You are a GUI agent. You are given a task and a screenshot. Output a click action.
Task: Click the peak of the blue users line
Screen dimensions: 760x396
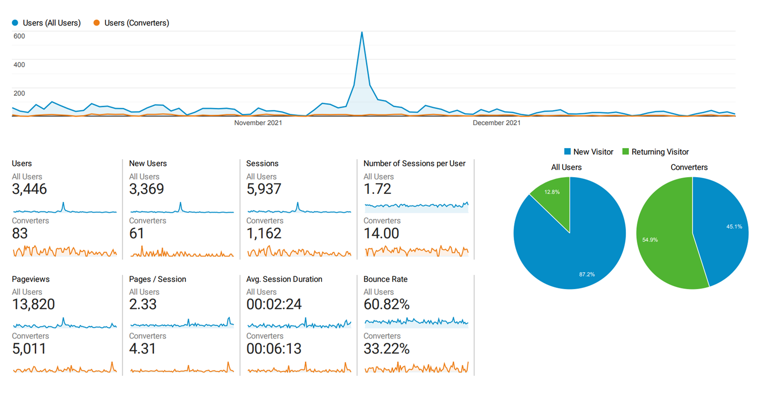coord(362,32)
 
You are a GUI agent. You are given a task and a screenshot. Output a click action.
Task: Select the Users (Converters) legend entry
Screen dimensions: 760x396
coord(131,23)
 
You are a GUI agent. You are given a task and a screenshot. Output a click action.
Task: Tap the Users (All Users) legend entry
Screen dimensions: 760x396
coord(47,23)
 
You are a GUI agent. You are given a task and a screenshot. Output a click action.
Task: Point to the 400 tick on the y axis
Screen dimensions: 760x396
coord(19,64)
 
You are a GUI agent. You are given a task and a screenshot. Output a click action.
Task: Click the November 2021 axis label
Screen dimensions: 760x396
coord(258,123)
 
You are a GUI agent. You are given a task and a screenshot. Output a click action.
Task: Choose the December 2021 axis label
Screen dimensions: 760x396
coord(496,123)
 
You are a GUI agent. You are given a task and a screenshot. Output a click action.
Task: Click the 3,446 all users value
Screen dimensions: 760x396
coord(29,189)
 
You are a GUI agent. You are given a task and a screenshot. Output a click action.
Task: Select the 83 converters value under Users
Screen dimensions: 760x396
coord(20,233)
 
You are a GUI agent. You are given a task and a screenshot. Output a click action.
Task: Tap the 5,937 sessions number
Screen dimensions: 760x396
coord(264,189)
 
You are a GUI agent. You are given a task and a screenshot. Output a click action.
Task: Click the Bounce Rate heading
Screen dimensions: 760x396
coord(385,279)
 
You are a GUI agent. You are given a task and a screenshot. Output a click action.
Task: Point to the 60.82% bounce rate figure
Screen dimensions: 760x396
coord(386,304)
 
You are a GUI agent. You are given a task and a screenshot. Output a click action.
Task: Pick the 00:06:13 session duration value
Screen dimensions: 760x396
coord(274,348)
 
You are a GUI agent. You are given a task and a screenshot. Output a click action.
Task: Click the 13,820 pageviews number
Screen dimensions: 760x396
coord(33,304)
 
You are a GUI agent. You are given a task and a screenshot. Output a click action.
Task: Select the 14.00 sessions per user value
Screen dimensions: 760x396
coord(381,233)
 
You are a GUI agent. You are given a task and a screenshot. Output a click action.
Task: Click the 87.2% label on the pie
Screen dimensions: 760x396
coord(587,274)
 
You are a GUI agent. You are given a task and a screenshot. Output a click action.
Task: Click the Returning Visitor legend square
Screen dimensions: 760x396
coord(625,151)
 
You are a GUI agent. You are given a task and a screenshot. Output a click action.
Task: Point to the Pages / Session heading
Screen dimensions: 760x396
coord(158,279)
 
